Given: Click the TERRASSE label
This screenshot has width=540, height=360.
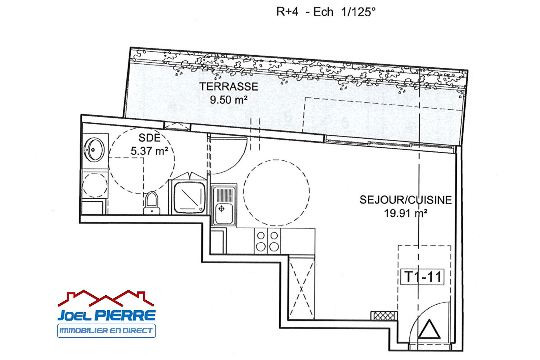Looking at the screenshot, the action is [229, 87].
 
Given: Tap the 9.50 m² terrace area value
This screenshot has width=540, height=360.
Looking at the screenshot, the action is [229, 100].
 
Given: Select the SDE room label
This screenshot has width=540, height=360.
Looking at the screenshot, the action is [149, 138].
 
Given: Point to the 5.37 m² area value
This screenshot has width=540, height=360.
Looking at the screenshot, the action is [149, 151].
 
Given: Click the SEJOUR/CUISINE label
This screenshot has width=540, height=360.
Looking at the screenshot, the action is [406, 200].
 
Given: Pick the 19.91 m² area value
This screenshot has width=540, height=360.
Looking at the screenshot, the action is [405, 213].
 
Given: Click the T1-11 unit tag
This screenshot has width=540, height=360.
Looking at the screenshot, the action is [422, 277].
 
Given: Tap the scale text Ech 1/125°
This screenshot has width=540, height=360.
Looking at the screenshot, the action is [344, 12].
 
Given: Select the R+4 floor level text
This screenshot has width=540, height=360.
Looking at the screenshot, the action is [287, 12].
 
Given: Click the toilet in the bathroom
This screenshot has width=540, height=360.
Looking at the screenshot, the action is [152, 203].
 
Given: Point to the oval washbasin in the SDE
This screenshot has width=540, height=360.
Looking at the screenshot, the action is [94, 150].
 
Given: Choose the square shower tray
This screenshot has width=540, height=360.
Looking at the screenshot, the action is [190, 198].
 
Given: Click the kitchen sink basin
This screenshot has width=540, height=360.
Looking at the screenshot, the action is [224, 213].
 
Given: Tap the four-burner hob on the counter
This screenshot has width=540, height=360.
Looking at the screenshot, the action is [268, 241].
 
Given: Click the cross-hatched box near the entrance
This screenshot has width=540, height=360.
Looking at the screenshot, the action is [384, 316].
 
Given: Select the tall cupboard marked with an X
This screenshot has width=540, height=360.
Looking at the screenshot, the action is [301, 288].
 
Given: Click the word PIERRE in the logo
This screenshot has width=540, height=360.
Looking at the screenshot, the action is [125, 315].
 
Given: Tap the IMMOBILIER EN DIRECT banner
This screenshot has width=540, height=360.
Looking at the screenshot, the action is [106, 331].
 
